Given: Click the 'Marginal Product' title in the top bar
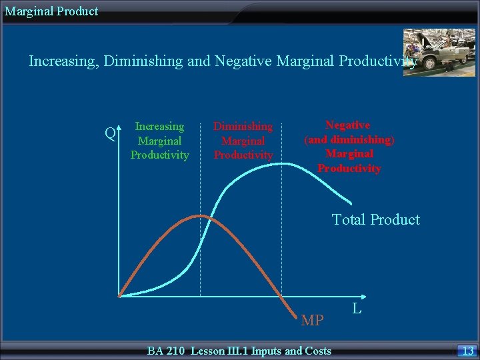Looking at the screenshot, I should click(x=51, y=11).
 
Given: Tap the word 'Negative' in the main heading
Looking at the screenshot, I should click(x=239, y=62).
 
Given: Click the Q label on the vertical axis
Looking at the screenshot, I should click(x=111, y=134).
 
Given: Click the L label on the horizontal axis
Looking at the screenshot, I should click(x=357, y=308).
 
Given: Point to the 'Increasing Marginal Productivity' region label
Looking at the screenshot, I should click(x=159, y=141).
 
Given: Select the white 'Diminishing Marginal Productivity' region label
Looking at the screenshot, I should click(x=243, y=141).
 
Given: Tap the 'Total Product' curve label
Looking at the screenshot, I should click(x=376, y=220).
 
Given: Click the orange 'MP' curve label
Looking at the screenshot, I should click(x=313, y=321).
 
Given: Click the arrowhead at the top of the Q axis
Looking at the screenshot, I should click(x=119, y=126).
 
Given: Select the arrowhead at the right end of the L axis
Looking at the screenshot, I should click(x=364, y=295).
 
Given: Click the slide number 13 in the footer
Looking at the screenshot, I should click(x=467, y=351).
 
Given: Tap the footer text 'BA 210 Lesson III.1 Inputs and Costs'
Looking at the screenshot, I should click(x=239, y=351).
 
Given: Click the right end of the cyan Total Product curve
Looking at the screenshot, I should click(x=351, y=202).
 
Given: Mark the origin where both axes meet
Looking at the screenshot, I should click(x=119, y=295).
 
